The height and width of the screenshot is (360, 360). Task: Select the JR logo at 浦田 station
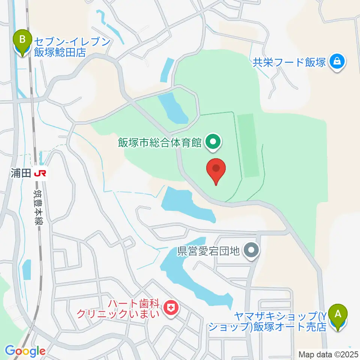[40, 173]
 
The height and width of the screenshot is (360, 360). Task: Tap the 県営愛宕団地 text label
[208, 250]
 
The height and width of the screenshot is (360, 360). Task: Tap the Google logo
[25, 351]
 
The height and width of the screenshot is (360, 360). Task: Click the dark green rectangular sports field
[248, 145]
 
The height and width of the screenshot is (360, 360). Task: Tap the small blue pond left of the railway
[26, 269]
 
